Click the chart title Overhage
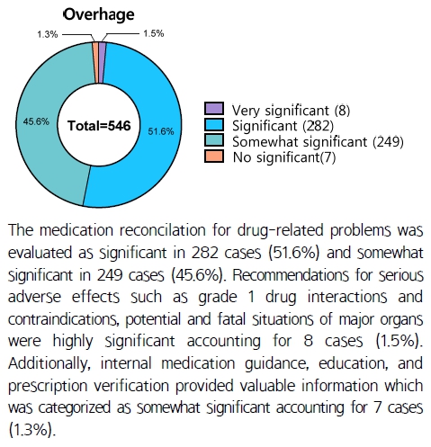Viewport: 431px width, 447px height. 99,14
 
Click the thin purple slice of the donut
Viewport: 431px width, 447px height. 102,62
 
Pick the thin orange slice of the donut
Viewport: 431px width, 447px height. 95,62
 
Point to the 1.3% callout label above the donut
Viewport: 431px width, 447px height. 48,34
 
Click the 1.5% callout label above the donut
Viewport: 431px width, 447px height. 154,33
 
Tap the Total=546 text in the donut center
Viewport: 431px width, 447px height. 99,126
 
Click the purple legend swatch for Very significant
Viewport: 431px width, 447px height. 214,109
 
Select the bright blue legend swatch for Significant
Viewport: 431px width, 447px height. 214,125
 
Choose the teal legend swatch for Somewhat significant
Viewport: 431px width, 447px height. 214,140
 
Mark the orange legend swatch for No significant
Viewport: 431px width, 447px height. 214,156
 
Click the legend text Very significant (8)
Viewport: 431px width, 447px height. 291,111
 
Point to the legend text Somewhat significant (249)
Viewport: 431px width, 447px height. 318,142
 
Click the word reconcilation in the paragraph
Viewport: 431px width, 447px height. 163,230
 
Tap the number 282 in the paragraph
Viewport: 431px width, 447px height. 205,253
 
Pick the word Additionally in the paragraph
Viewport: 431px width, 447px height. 49,363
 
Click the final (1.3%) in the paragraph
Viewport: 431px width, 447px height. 32,430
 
